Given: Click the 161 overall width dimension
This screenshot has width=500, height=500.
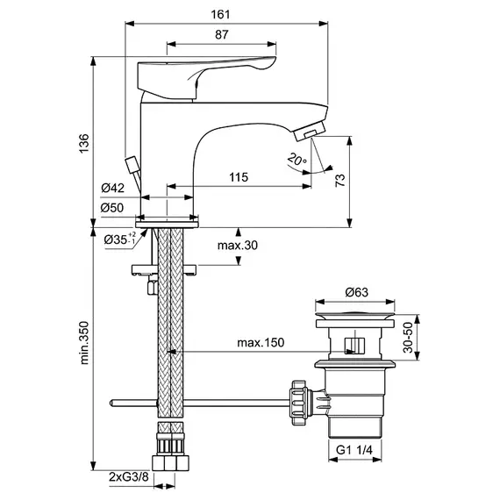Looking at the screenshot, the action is (220, 15).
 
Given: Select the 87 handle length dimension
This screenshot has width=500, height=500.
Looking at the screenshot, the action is (222, 34).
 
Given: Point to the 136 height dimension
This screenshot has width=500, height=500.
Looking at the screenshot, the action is (84, 144).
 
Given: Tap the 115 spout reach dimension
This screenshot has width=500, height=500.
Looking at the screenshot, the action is (239, 177).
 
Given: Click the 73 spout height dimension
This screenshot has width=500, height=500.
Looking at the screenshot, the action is (340, 180).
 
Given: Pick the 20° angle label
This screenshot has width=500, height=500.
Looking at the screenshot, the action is (296, 159).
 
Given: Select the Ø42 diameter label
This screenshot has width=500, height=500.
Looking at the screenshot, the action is (113, 188).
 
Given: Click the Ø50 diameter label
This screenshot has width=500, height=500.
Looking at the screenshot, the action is (112, 208).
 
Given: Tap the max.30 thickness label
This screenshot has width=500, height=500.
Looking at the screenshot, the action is (238, 246).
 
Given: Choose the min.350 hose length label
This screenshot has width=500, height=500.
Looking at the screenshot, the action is (84, 343).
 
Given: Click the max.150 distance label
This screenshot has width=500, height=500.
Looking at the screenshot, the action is (261, 342).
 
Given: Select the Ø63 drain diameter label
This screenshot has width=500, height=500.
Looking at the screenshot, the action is (356, 292).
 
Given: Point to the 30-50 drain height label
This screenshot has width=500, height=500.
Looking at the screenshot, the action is (408, 338).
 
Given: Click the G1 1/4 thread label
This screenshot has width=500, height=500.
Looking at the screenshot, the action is (354, 450).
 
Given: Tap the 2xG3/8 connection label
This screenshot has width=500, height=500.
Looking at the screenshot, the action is (129, 477).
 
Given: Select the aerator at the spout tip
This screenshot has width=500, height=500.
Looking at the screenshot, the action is (310, 131).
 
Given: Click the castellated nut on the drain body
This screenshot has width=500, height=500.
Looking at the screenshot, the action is (299, 403).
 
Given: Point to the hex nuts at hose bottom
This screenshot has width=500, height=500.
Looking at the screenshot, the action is (170, 463).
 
